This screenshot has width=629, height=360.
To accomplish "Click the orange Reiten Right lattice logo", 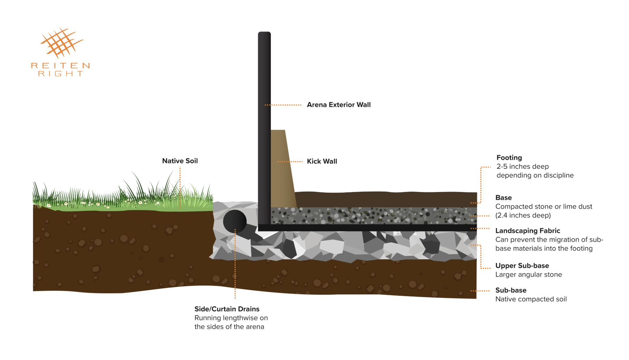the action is [x=62, y=43].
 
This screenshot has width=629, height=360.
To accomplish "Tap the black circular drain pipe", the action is [x=235, y=221].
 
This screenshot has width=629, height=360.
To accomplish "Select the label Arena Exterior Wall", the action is [x=339, y=105].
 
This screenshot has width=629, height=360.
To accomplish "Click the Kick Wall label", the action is [x=322, y=161].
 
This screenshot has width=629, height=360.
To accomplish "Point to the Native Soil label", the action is [x=180, y=161].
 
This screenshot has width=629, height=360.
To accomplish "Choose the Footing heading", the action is [x=509, y=157].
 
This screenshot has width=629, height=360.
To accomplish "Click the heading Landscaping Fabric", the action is [x=528, y=231].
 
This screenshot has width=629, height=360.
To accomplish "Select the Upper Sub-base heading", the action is [x=522, y=266].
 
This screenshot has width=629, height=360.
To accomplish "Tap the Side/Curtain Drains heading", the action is [x=227, y=309].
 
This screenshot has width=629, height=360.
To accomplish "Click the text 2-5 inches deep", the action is [x=523, y=166].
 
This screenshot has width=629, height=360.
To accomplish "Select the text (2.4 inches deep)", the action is [x=523, y=215].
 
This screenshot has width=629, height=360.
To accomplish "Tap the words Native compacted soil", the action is [x=531, y=299].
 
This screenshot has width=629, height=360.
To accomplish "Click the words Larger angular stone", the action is [x=529, y=275].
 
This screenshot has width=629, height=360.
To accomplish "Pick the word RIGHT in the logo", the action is [x=60, y=74].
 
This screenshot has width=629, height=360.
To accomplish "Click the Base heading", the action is [x=504, y=198].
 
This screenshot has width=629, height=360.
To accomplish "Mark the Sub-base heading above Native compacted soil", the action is [x=511, y=290].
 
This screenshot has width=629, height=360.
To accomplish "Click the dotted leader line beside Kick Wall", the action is [x=290, y=162].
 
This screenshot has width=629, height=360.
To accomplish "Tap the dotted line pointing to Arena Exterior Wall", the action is [x=283, y=105].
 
